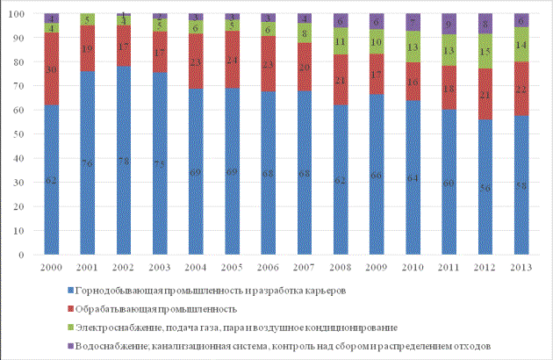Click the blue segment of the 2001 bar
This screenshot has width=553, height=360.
click(x=87, y=162)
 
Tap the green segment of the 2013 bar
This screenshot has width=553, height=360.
click(x=521, y=45)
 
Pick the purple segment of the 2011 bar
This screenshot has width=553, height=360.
click(x=449, y=25)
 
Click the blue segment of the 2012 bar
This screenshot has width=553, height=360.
click(x=485, y=187)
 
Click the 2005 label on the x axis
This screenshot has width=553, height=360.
click(x=232, y=264)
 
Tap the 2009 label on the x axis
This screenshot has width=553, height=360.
click(x=376, y=264)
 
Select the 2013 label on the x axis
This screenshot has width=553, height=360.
click(x=521, y=264)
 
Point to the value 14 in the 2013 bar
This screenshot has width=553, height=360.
click(x=521, y=44)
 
